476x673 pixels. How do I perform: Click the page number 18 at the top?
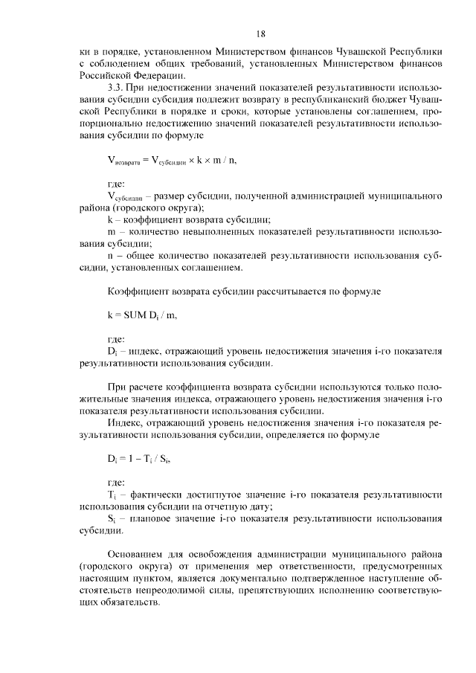(x=260, y=33)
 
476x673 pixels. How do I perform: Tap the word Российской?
(x=104, y=74)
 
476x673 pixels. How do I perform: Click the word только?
(x=397, y=387)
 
